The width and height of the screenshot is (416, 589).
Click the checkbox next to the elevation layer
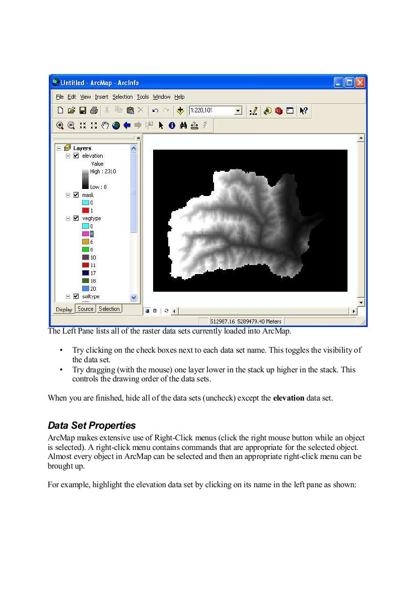click(76, 156)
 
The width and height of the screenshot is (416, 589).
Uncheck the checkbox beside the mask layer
click(76, 195)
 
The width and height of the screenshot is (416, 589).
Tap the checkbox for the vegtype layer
click(76, 218)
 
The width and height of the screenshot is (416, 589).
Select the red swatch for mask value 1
click(86, 210)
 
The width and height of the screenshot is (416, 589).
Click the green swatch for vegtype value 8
click(86, 249)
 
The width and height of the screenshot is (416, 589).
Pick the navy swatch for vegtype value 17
click(86, 273)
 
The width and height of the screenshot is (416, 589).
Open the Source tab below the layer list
click(86, 309)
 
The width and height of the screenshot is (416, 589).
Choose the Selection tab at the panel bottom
click(109, 309)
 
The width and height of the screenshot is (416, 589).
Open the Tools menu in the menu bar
click(143, 97)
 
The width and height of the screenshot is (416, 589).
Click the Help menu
click(179, 97)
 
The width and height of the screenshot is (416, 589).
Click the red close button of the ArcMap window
click(360, 83)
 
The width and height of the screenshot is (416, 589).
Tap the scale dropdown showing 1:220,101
click(215, 110)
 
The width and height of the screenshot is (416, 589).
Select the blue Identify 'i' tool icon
click(172, 125)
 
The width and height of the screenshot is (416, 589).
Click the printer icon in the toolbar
click(94, 110)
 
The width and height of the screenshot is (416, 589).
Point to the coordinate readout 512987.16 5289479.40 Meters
click(246, 321)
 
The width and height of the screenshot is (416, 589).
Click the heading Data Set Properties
click(92, 426)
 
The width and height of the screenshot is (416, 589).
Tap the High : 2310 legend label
click(103, 171)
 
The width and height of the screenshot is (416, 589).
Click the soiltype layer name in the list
click(91, 297)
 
